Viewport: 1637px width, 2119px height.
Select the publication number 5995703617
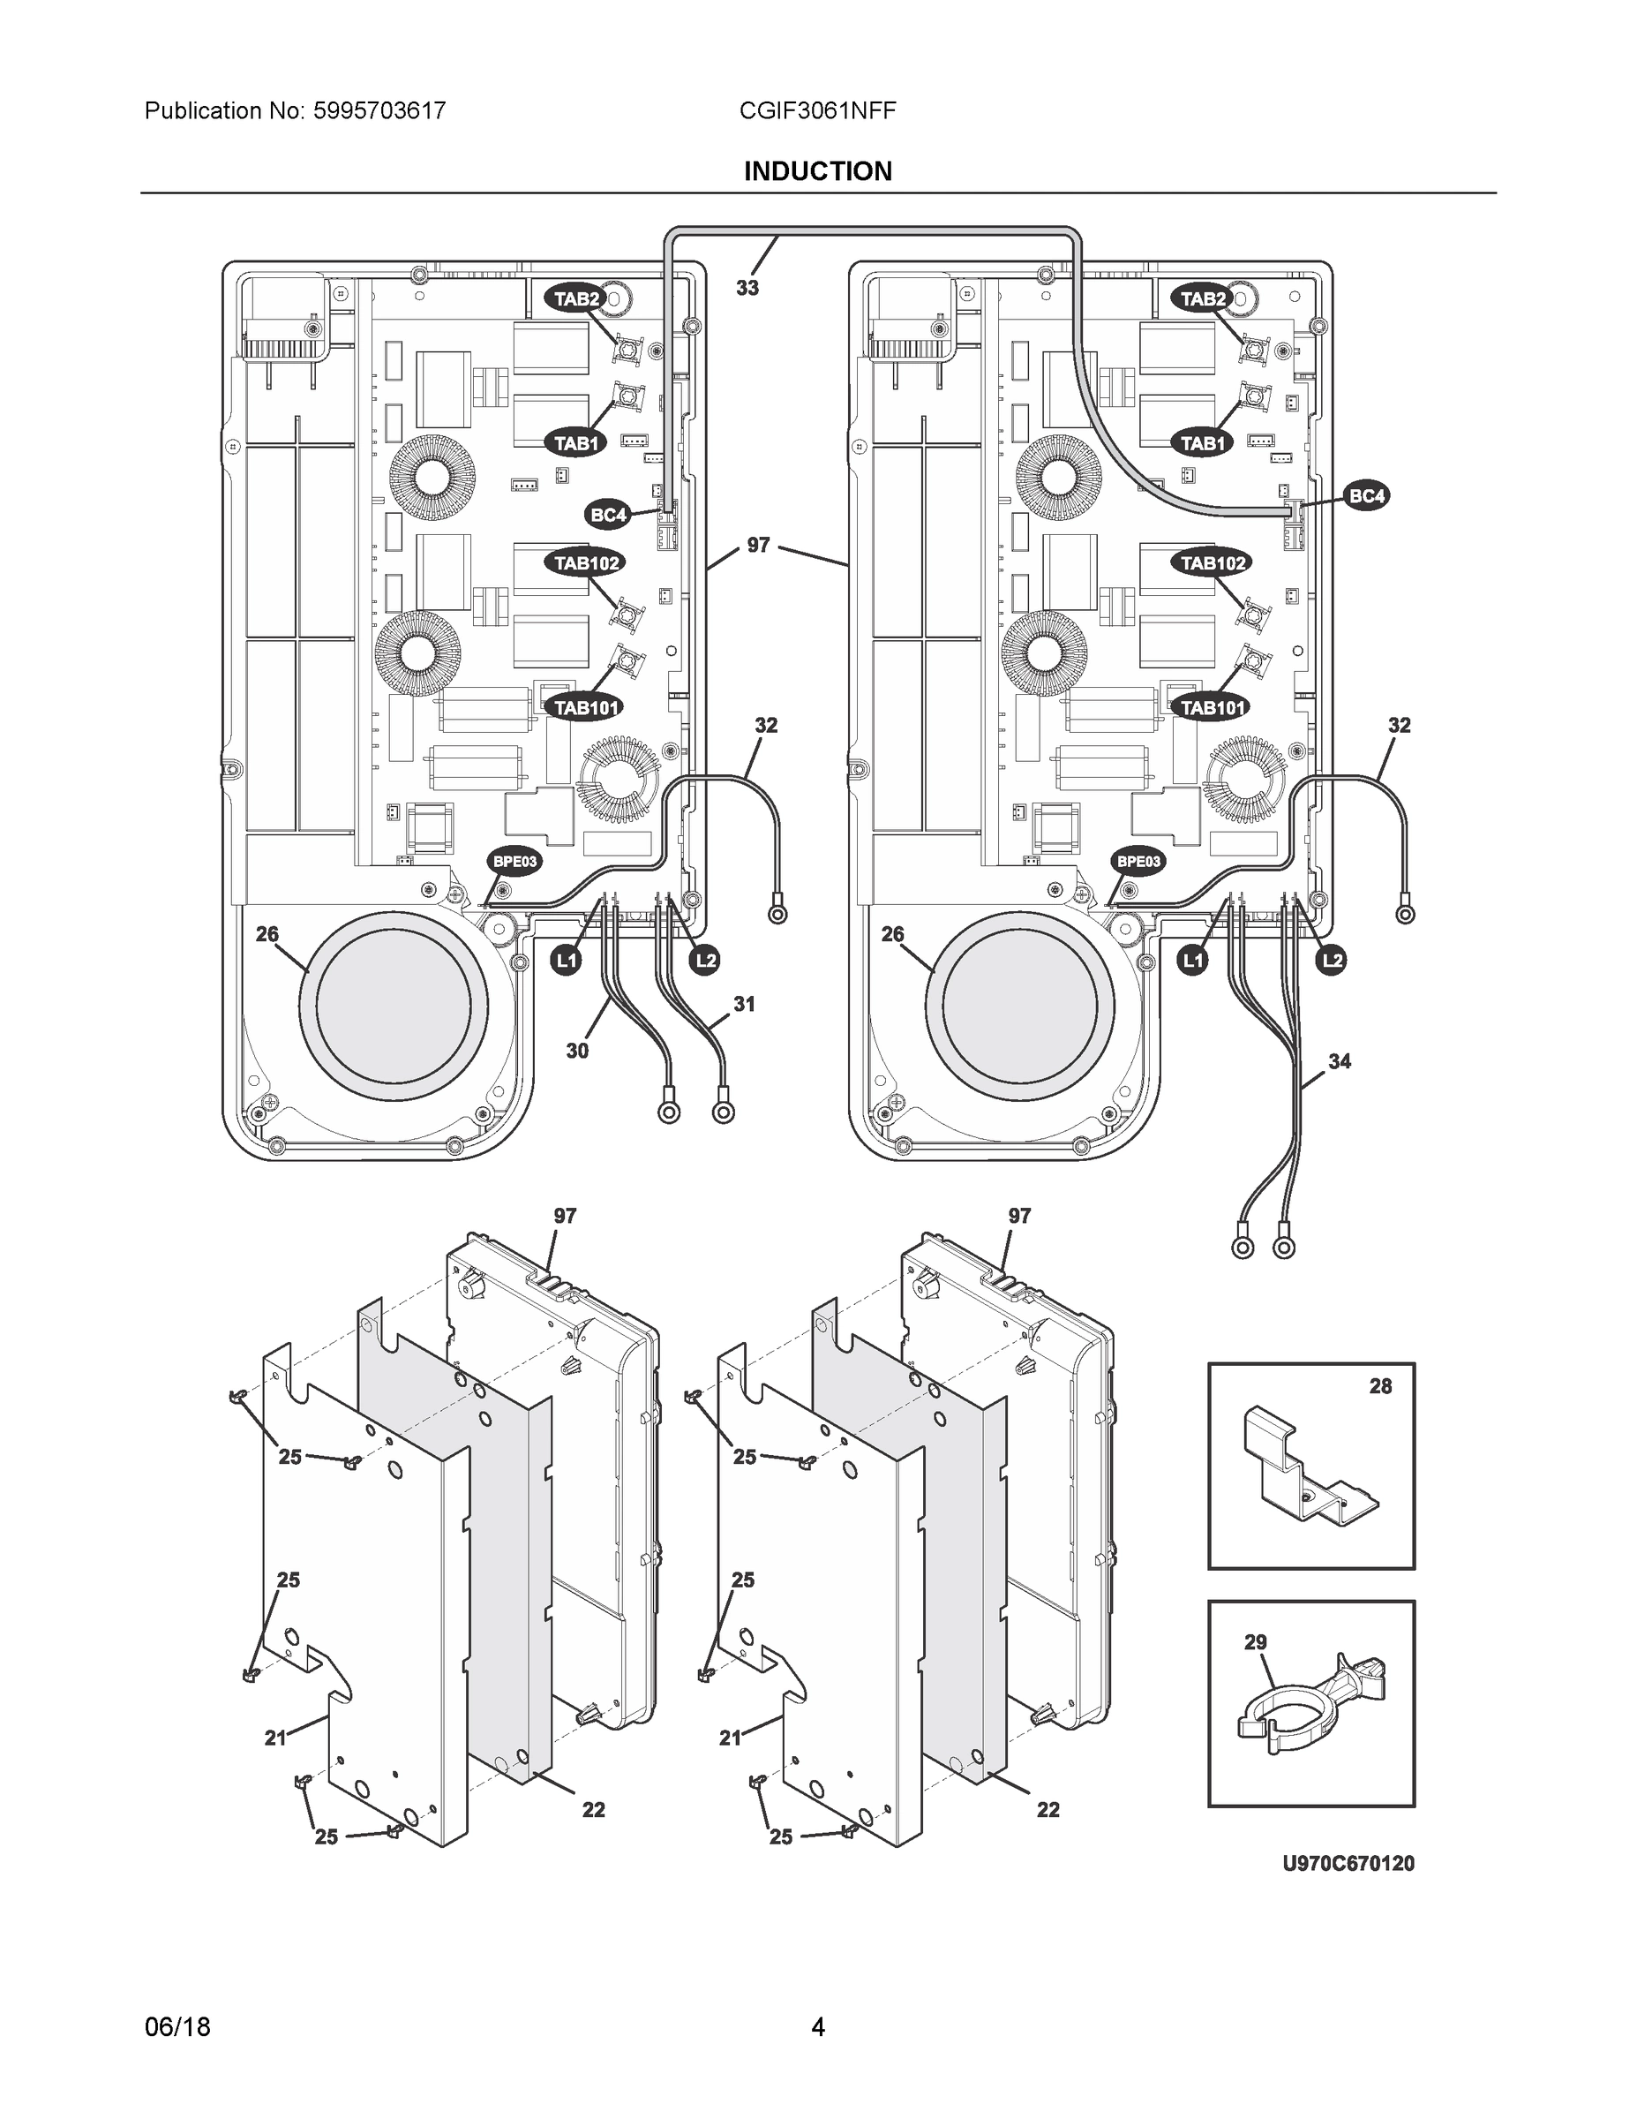[x=379, y=110]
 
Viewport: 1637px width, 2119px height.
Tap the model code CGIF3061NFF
[x=816, y=110]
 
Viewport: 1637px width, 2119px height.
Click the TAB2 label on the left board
[x=577, y=298]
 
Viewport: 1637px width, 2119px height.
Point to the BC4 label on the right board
[x=1366, y=497]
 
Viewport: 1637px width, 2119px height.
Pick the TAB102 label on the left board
[x=586, y=562]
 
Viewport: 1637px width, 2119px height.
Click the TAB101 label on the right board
[x=1212, y=708]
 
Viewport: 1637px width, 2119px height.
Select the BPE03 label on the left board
[x=514, y=861]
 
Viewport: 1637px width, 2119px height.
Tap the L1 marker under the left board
[x=566, y=961]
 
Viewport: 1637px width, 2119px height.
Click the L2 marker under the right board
[x=1333, y=961]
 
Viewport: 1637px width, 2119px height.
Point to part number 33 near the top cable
[x=747, y=288]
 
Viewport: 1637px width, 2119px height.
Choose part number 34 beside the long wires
[x=1340, y=1061]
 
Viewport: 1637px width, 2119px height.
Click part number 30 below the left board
[x=577, y=1051]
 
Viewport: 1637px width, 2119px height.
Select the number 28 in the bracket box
[x=1380, y=1386]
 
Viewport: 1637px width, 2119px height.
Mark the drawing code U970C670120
[x=1348, y=1863]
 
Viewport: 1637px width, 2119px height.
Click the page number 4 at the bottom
[x=817, y=2026]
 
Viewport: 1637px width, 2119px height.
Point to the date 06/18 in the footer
[x=177, y=2026]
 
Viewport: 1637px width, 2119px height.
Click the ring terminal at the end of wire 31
[x=723, y=1112]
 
